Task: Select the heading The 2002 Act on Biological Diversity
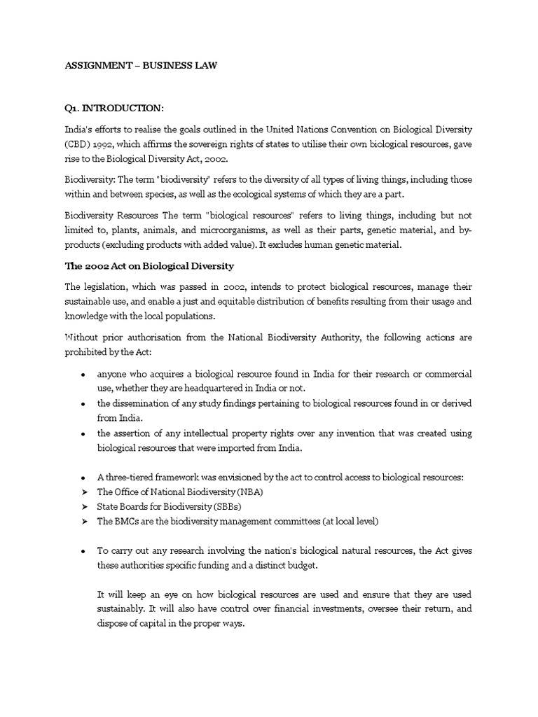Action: click(x=149, y=266)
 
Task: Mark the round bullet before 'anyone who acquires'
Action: click(x=83, y=375)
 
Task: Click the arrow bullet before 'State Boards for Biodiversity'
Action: click(x=84, y=506)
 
